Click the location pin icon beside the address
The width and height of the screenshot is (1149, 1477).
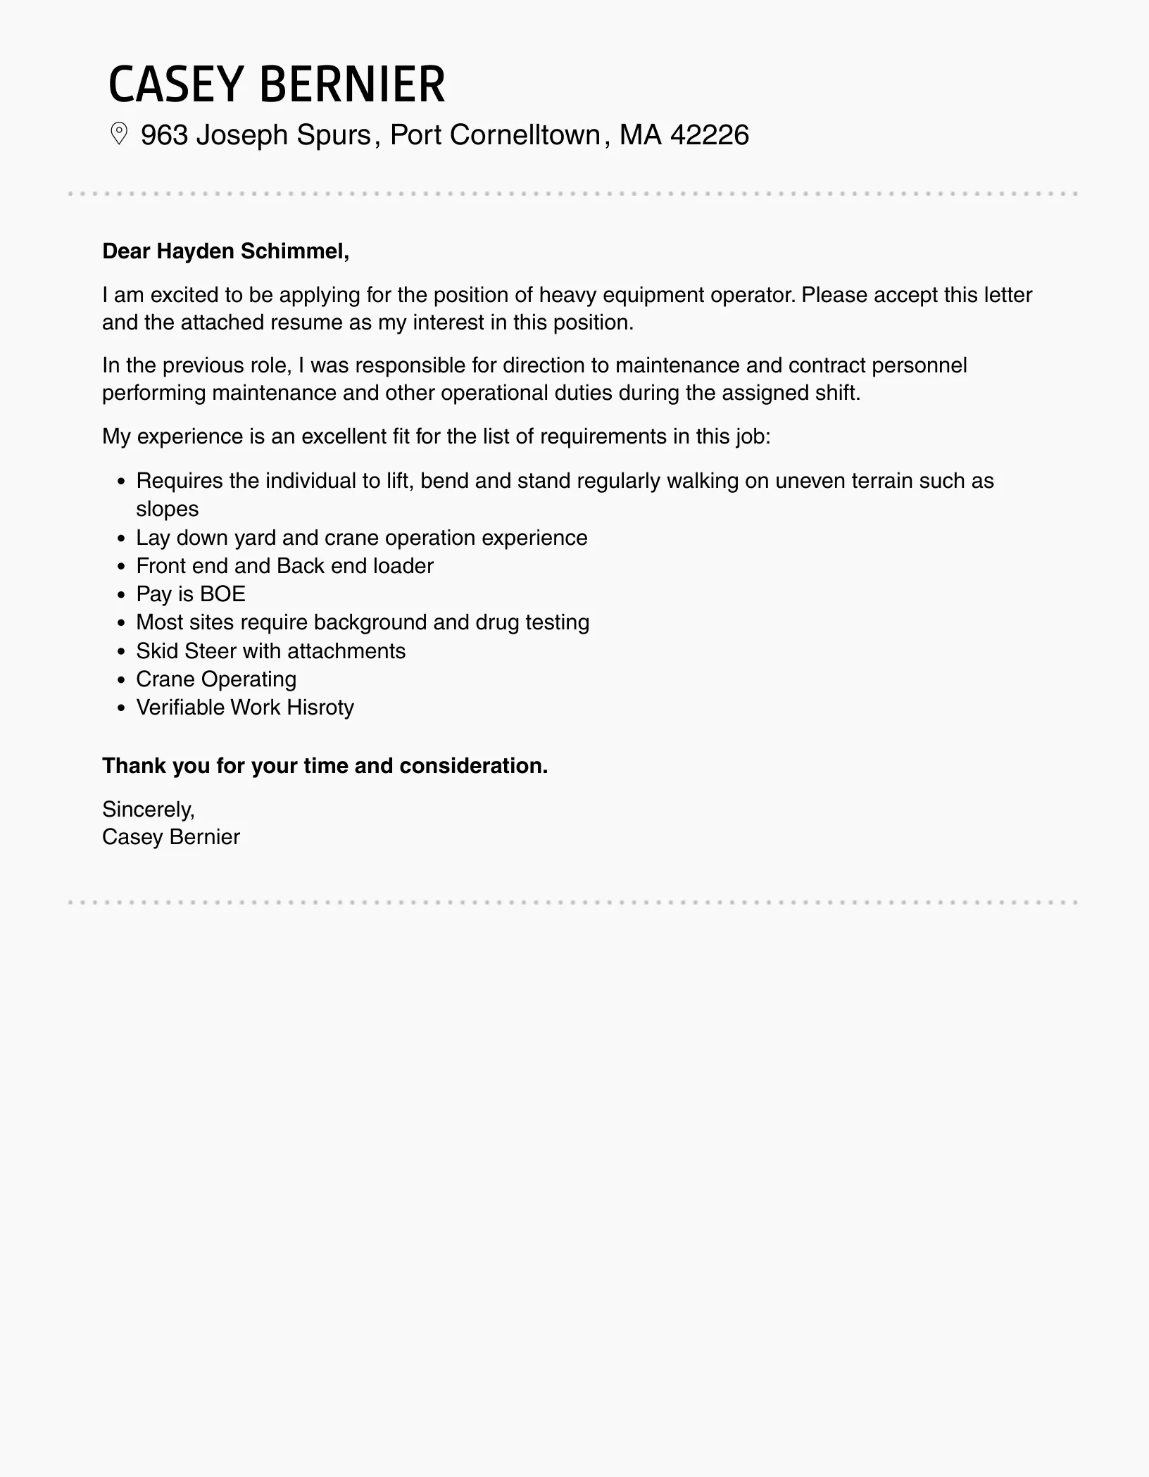[119, 134]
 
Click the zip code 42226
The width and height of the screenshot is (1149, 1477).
[710, 135]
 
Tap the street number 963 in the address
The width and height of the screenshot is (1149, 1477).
[164, 135]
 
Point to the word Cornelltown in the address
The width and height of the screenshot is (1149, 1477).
[525, 135]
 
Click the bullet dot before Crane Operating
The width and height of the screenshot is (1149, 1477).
[122, 680]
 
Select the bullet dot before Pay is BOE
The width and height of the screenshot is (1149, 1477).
[122, 595]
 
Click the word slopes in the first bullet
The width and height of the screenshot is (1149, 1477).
[168, 509]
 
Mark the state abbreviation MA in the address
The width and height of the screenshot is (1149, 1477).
[641, 135]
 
